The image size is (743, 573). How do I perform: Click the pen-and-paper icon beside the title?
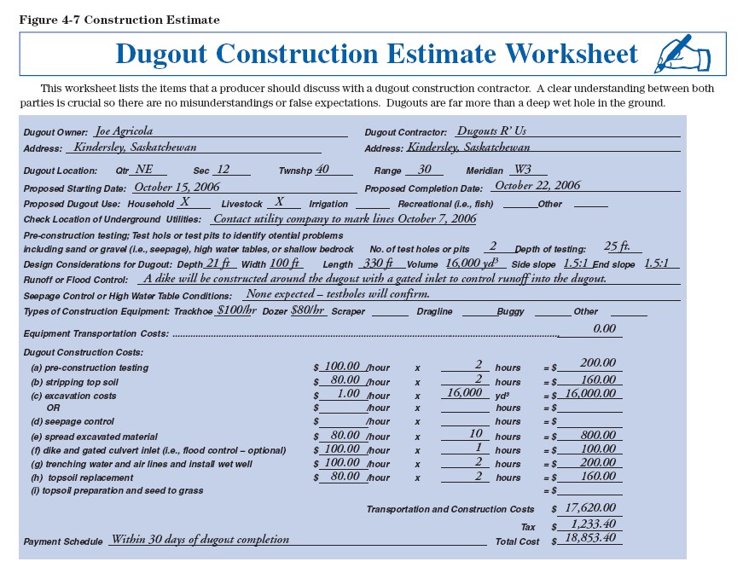682,55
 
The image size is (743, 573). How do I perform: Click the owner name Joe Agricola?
125,131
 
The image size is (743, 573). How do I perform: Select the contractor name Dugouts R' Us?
491,131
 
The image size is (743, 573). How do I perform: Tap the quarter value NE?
144,170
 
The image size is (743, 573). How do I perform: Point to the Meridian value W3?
523,170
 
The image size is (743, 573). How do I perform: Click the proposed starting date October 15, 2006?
177,187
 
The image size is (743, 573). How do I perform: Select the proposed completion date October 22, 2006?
537,186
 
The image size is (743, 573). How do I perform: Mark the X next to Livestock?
279,203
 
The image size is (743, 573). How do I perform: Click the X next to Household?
183,203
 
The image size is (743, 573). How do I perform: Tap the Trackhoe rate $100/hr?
236,310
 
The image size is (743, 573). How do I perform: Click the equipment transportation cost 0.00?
604,328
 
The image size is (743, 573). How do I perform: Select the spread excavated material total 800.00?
598,435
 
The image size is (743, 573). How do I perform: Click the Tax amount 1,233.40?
593,524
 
